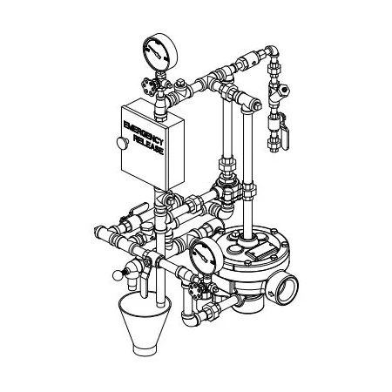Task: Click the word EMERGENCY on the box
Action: tap(144, 133)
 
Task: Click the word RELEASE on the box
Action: tap(149, 145)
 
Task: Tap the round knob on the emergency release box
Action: tap(123, 143)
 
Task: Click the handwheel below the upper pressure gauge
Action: tap(150, 86)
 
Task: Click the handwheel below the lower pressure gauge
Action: tap(196, 290)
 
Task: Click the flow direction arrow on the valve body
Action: tap(271, 294)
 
